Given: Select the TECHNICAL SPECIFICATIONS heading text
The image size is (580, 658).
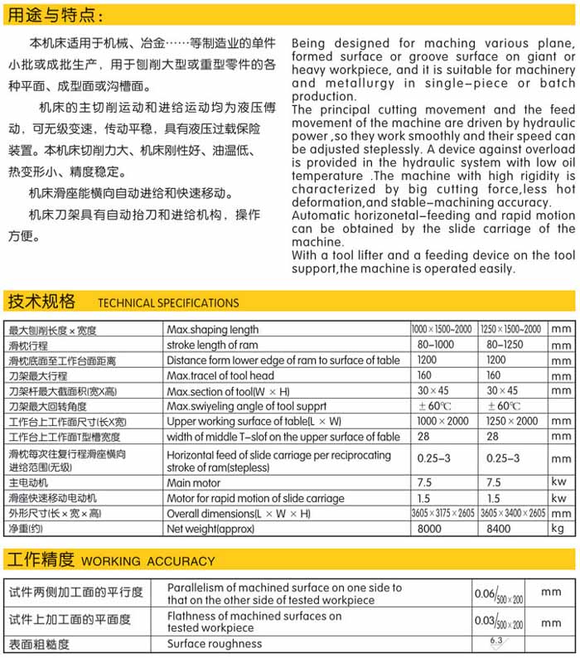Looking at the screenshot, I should [168, 302].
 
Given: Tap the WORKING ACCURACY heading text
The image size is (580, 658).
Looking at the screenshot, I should [147, 561].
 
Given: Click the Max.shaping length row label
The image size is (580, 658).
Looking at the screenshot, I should [213, 330].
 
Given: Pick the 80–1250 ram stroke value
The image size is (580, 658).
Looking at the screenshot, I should [505, 345].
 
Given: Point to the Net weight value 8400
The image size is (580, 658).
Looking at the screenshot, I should [499, 528].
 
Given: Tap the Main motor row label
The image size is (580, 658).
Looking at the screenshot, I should [194, 482].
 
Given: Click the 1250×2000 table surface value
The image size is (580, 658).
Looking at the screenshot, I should [509, 421].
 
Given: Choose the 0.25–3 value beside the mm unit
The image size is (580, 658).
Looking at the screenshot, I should [502, 458].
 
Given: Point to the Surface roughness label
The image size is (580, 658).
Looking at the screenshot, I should [215, 644].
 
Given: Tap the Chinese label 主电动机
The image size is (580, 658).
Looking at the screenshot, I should [29, 482].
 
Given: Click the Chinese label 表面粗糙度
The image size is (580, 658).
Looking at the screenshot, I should [39, 644].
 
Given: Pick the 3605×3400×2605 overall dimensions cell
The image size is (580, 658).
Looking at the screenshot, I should [512, 513].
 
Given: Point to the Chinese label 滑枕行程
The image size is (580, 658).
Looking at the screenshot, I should [28, 345].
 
